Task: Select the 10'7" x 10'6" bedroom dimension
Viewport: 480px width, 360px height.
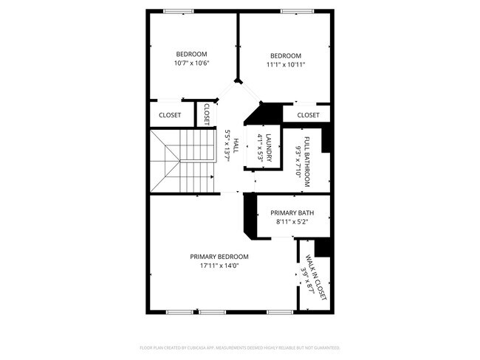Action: click(x=192, y=63)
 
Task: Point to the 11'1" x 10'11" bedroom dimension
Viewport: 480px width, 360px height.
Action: click(x=286, y=65)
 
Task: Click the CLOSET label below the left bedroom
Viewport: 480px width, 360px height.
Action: click(x=170, y=115)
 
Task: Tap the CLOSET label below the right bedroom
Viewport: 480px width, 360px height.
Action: click(x=308, y=115)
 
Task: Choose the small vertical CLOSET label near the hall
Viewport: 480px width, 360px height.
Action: click(x=207, y=114)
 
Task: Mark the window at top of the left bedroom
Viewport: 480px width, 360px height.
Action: click(x=178, y=10)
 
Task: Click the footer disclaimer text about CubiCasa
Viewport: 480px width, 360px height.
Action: click(x=239, y=347)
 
